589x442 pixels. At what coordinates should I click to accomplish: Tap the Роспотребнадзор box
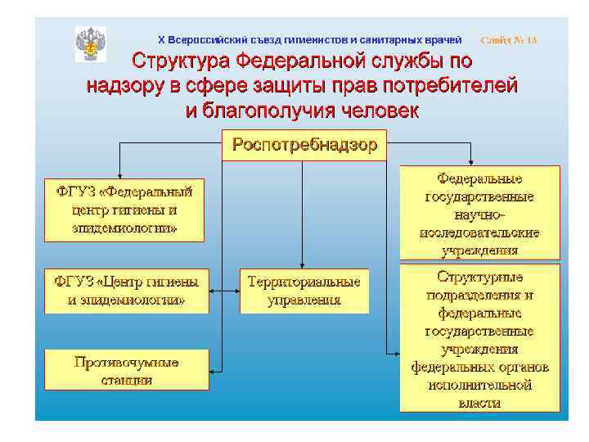click(x=304, y=146)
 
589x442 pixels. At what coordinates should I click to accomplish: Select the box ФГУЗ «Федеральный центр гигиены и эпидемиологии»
click(x=124, y=210)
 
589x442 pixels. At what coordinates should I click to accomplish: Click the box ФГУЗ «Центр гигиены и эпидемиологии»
click(x=127, y=291)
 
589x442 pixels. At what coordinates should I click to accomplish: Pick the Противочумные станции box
click(x=127, y=370)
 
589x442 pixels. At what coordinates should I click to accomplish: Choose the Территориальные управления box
click(x=304, y=291)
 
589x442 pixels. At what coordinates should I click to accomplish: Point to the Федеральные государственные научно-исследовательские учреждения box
click(x=479, y=213)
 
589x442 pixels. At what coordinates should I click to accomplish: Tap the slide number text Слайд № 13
click(x=509, y=40)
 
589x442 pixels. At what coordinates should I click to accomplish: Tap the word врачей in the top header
click(x=443, y=40)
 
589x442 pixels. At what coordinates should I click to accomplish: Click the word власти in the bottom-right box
click(x=479, y=403)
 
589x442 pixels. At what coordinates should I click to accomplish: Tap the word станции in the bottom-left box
click(x=127, y=380)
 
